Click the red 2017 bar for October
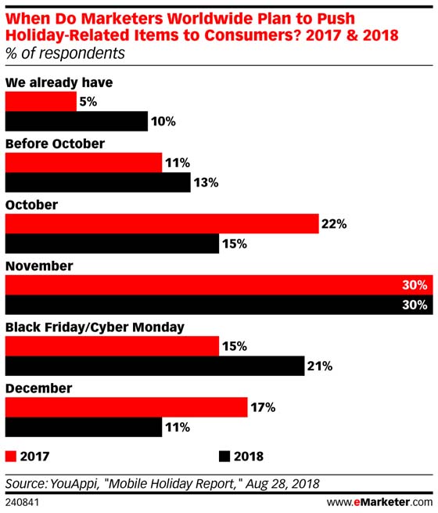coord(162,223)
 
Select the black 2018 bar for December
coord(84,428)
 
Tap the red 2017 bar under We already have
coord(41,100)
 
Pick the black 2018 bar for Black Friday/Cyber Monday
coord(155,366)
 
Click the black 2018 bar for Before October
coord(98,182)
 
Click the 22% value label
coord(333,224)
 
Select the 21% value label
coord(321,366)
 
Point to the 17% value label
coord(262,407)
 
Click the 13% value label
coord(206,182)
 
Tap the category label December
coord(38,388)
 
